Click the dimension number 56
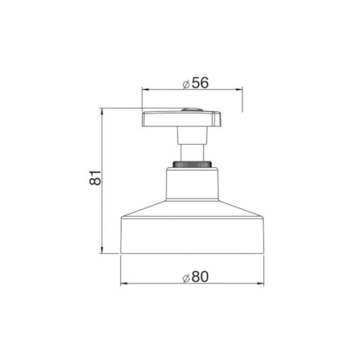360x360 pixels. point(200,83)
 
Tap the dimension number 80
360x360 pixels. point(200,276)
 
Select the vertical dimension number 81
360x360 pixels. point(95,178)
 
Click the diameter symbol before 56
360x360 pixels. point(186,84)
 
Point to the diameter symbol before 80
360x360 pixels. point(186,278)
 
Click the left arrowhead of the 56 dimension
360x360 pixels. point(145,90)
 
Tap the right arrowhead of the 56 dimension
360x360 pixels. point(239,90)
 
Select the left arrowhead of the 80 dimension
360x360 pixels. point(124,283)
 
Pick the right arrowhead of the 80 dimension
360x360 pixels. point(260,283)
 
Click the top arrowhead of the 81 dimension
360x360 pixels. point(102,112)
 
